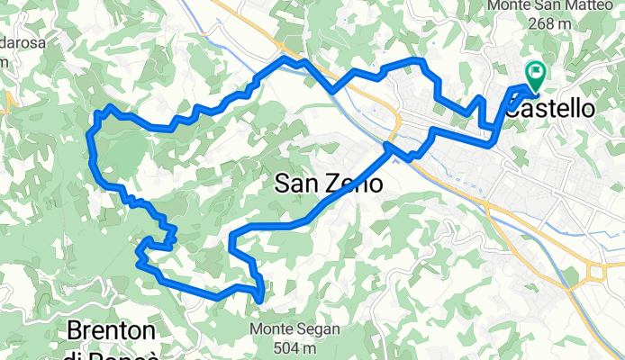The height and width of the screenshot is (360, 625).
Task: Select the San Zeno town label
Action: point(327,184)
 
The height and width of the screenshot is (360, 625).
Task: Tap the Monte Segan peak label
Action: point(295,329)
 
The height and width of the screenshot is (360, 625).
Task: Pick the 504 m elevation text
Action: point(295,346)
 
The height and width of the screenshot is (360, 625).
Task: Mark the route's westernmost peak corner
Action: point(90,132)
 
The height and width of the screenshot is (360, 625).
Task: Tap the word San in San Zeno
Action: point(294,184)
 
